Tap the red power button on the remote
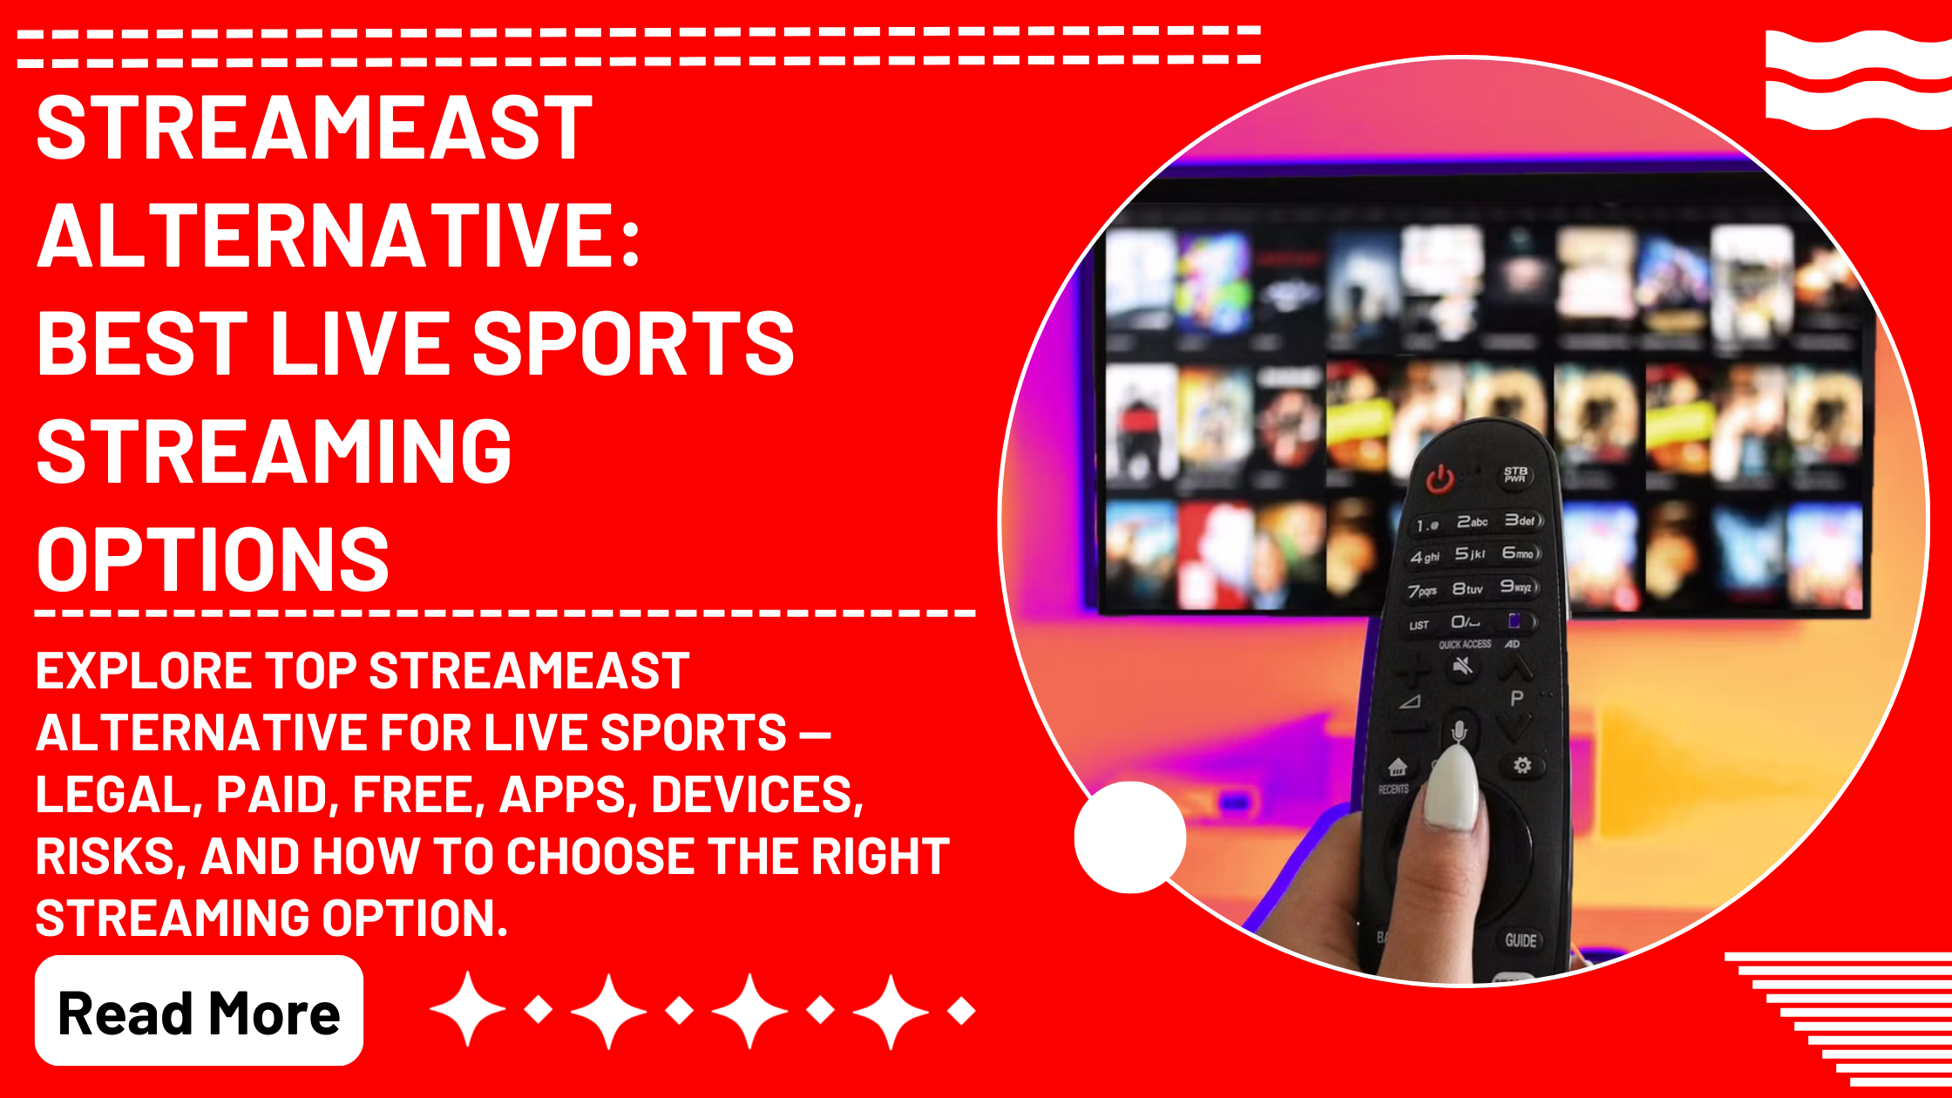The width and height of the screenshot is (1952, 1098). pos(1440,479)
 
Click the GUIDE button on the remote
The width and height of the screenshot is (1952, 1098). pos(1521,940)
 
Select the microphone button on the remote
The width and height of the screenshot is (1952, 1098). pos(1460,730)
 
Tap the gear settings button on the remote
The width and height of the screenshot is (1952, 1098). pos(1522,765)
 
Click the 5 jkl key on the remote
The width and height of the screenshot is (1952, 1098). pos(1470,553)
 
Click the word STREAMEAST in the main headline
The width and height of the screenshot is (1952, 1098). pos(315,128)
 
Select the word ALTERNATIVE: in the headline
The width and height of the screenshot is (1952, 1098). pos(339,236)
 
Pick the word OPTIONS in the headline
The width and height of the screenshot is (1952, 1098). pos(213,559)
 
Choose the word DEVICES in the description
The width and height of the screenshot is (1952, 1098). pos(756,795)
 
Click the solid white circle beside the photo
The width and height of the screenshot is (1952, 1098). pos(1130,837)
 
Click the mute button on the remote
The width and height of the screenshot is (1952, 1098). pos(1463,668)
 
